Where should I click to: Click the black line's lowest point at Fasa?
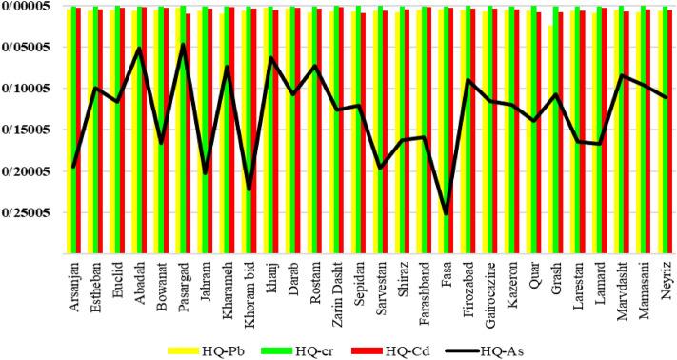point(446,213)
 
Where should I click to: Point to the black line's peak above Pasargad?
point(183,44)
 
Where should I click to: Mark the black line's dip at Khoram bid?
point(249,190)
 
